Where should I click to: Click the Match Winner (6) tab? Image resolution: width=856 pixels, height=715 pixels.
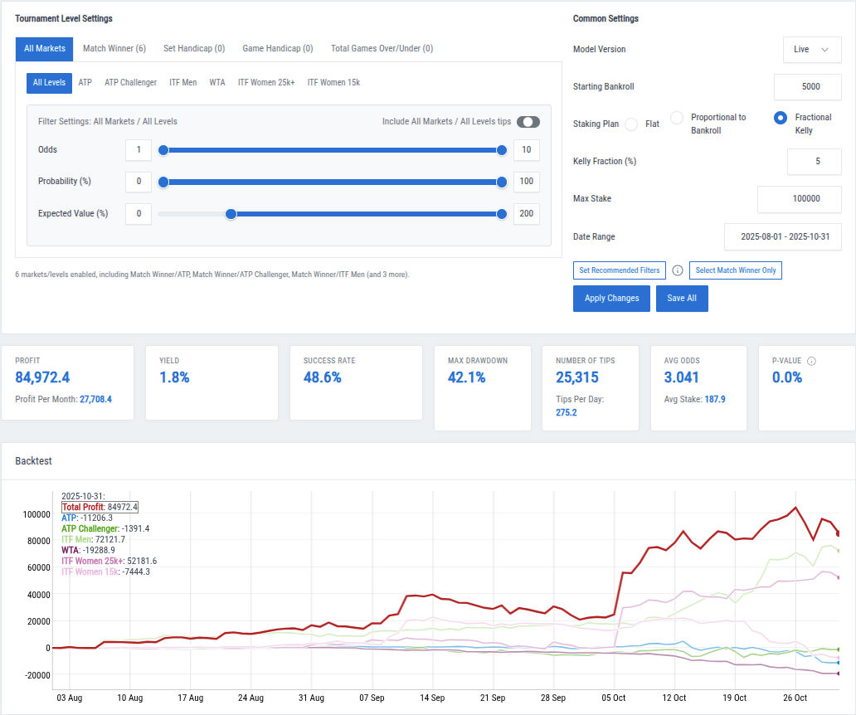(x=114, y=49)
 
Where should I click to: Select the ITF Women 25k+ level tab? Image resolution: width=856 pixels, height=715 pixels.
(x=266, y=83)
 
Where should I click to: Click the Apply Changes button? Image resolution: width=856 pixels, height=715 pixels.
(x=611, y=299)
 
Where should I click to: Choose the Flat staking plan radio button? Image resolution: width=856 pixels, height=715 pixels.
(x=631, y=124)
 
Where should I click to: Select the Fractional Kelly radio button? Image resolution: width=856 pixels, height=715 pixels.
(x=780, y=118)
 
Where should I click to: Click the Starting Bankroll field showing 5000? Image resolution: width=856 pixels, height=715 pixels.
(x=807, y=87)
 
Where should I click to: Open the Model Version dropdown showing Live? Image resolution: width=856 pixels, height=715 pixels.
(x=811, y=50)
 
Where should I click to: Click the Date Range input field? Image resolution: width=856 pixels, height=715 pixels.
(x=782, y=237)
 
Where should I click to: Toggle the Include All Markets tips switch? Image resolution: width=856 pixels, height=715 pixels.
(x=528, y=122)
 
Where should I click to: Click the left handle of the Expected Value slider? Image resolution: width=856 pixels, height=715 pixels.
(x=231, y=214)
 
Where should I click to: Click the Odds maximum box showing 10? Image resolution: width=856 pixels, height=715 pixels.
(x=526, y=150)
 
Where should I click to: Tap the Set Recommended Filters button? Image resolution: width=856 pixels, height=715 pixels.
(x=619, y=270)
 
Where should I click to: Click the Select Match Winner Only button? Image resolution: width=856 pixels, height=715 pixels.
(x=735, y=270)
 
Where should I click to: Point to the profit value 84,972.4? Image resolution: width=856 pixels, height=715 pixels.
(x=42, y=377)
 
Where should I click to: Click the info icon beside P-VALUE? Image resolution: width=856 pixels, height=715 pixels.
(x=811, y=362)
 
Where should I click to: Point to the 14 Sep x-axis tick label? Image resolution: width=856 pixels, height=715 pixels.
(x=432, y=698)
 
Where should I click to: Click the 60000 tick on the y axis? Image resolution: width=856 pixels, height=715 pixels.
(x=36, y=567)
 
